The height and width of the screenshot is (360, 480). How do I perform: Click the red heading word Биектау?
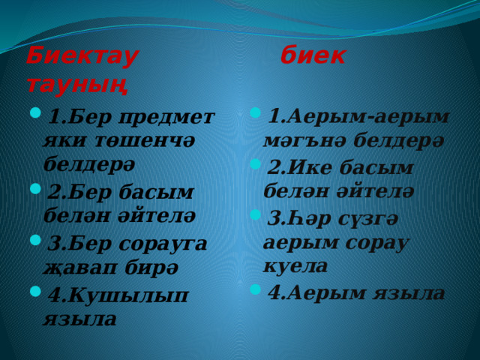(82, 57)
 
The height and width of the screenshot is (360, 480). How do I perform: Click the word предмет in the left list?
(166, 118)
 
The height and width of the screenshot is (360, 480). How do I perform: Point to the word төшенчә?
(145, 141)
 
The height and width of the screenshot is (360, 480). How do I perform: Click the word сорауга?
(163, 244)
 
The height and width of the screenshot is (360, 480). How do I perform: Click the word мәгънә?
(305, 141)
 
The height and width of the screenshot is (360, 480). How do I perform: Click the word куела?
(295, 265)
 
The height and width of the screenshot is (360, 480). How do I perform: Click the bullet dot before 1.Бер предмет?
(35, 112)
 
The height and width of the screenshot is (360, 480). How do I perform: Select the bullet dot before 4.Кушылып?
(35, 291)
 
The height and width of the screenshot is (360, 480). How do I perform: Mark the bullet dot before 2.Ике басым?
(255, 164)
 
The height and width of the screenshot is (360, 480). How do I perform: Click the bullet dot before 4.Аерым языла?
(255, 289)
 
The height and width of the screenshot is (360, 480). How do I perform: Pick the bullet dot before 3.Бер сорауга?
(35, 240)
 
